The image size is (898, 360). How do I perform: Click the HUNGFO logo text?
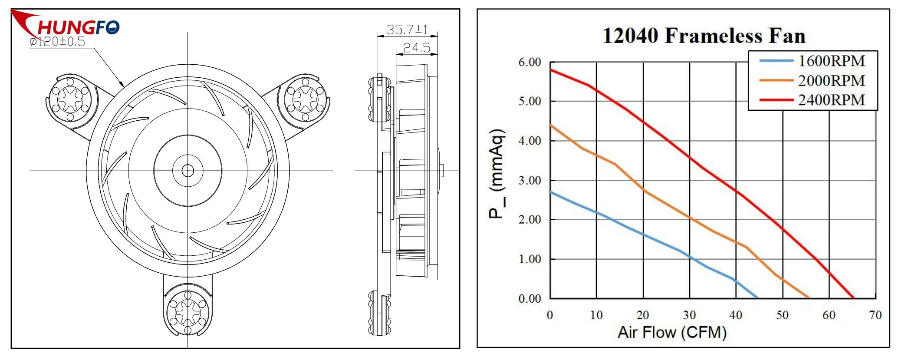[x=78, y=27]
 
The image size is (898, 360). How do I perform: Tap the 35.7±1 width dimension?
[x=407, y=30]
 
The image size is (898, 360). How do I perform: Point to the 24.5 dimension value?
[x=416, y=48]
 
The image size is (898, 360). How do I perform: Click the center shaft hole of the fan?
[x=187, y=171]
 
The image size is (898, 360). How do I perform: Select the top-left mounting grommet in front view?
[x=70, y=99]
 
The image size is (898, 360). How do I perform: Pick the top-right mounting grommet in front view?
[x=305, y=99]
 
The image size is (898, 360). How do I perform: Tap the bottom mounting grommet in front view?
[x=187, y=311]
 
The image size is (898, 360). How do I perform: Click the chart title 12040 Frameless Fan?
[x=704, y=36]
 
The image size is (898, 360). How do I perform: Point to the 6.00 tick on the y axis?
[x=530, y=62]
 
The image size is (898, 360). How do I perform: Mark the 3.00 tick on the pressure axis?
[x=530, y=180]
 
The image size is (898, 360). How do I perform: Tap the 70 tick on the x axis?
[x=875, y=315]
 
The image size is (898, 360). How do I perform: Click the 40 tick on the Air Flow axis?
[x=736, y=315]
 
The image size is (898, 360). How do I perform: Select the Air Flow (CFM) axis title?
[x=672, y=332]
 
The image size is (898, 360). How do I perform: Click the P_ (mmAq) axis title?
[x=497, y=174]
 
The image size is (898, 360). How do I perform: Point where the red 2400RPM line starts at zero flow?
[x=550, y=69]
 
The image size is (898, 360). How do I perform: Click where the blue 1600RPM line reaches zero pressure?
[x=758, y=298]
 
